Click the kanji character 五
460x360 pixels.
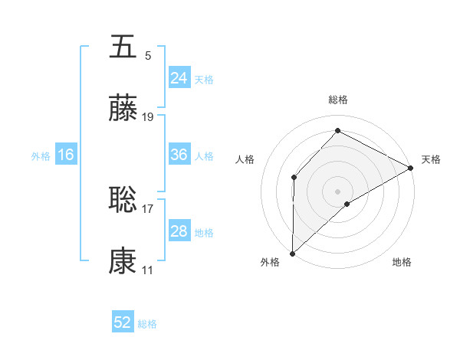(123, 47)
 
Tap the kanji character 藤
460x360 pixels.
(123, 110)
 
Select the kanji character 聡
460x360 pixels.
(123, 199)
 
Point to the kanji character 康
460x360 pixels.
(123, 262)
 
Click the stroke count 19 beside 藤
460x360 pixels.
(148, 117)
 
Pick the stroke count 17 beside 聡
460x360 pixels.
(148, 207)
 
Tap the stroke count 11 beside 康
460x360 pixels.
(148, 270)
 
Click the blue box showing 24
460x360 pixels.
(179, 77)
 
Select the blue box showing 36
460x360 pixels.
(179, 155)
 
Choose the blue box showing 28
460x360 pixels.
(179, 231)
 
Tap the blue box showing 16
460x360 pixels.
(66, 155)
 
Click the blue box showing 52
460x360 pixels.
(123, 322)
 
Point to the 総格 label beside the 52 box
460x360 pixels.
(147, 324)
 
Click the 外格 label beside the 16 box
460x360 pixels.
(41, 156)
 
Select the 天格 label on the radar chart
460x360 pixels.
(431, 159)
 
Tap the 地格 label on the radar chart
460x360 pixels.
(402, 263)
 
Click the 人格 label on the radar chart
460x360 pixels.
(245, 159)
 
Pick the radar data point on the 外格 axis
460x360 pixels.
(292, 254)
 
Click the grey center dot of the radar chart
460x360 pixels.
(337, 191)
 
